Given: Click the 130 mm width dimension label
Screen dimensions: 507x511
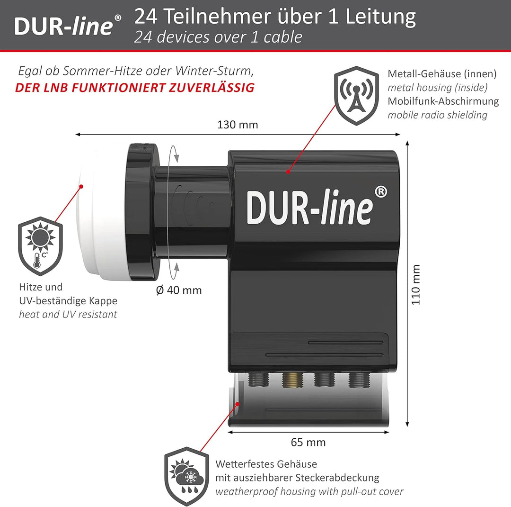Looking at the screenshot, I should pyautogui.click(x=238, y=125).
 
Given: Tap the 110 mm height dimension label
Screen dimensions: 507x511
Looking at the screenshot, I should pyautogui.click(x=416, y=285).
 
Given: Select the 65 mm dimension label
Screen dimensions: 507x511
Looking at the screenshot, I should pyautogui.click(x=308, y=443).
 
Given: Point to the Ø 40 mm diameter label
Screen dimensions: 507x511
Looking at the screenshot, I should pyautogui.click(x=179, y=290).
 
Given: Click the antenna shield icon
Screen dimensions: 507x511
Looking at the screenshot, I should pyautogui.click(x=356, y=96).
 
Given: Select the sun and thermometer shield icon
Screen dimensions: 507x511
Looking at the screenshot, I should pyautogui.click(x=40, y=246).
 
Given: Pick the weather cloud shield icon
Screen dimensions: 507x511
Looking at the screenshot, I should pyautogui.click(x=186, y=475).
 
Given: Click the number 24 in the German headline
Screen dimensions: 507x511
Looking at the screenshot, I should pyautogui.click(x=147, y=17).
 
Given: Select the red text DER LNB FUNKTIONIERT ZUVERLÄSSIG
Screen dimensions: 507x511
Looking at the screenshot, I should pyautogui.click(x=135, y=88).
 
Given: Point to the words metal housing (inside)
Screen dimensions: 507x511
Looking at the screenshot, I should pyautogui.click(x=437, y=88).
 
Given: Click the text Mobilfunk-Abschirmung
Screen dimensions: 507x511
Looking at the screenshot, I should pyautogui.click(x=443, y=101).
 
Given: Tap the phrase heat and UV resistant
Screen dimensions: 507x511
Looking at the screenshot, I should pyautogui.click(x=68, y=314).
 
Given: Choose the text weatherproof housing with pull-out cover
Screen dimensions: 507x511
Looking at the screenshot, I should pyautogui.click(x=309, y=491).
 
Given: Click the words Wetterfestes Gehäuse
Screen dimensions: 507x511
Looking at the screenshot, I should pyautogui.click(x=266, y=464).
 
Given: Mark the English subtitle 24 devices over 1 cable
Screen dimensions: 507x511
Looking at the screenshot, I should pyautogui.click(x=218, y=37).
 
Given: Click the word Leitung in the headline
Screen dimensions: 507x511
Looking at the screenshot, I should pyautogui.click(x=380, y=17).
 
